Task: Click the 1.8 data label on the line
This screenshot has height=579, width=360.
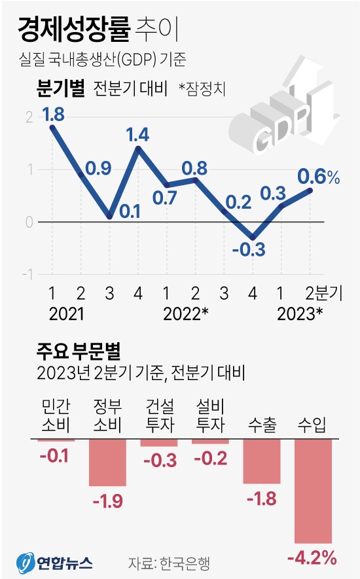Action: tap(54, 115)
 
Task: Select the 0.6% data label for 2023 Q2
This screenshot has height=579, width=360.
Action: tap(319, 176)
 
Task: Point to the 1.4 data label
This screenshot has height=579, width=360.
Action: tap(137, 135)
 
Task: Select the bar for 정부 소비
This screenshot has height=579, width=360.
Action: tap(107, 463)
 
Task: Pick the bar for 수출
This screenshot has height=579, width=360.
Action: tap(262, 461)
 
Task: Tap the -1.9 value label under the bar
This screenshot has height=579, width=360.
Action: tap(107, 502)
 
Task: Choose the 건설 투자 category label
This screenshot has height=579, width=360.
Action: tap(158, 416)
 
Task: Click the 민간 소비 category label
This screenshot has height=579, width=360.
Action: tap(55, 416)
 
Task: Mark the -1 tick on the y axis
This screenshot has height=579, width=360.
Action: tap(27, 275)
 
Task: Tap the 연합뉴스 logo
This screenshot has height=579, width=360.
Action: tap(54, 562)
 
